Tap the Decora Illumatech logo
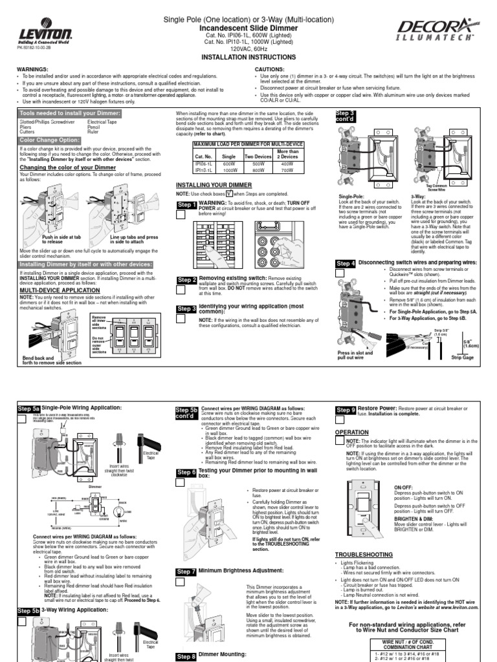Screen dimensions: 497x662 [x=441, y=30]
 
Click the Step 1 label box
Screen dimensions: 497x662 [x=187, y=205]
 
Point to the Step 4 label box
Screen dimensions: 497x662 [x=346, y=264]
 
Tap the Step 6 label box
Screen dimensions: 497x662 [x=186, y=473]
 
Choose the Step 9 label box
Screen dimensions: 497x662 [x=346, y=410]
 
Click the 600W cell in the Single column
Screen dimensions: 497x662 [x=228, y=164]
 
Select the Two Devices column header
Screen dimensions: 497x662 [x=257, y=156]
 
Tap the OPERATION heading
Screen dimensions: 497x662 [x=351, y=432]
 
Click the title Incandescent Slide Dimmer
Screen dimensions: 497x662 [x=248, y=29]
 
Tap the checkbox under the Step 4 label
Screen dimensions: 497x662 [x=340, y=273]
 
